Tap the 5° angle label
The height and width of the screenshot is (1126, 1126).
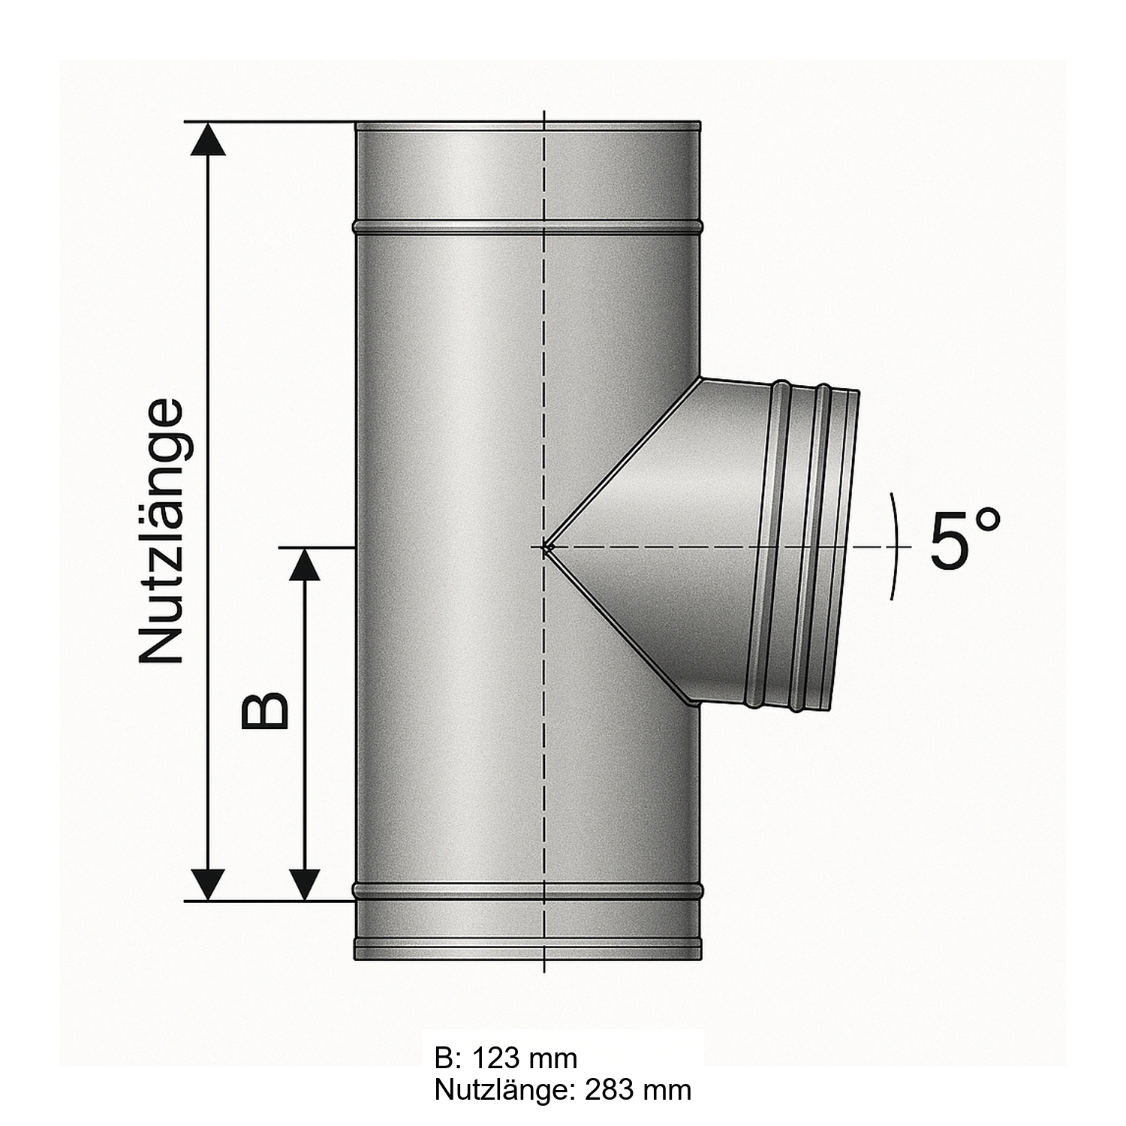(965, 539)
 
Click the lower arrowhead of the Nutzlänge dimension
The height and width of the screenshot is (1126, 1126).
(209, 883)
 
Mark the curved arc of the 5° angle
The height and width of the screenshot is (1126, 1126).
(896, 546)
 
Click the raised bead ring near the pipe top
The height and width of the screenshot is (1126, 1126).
(528, 225)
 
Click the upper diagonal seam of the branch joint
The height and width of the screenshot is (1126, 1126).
(623, 465)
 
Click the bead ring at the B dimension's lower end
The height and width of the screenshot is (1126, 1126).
(528, 892)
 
